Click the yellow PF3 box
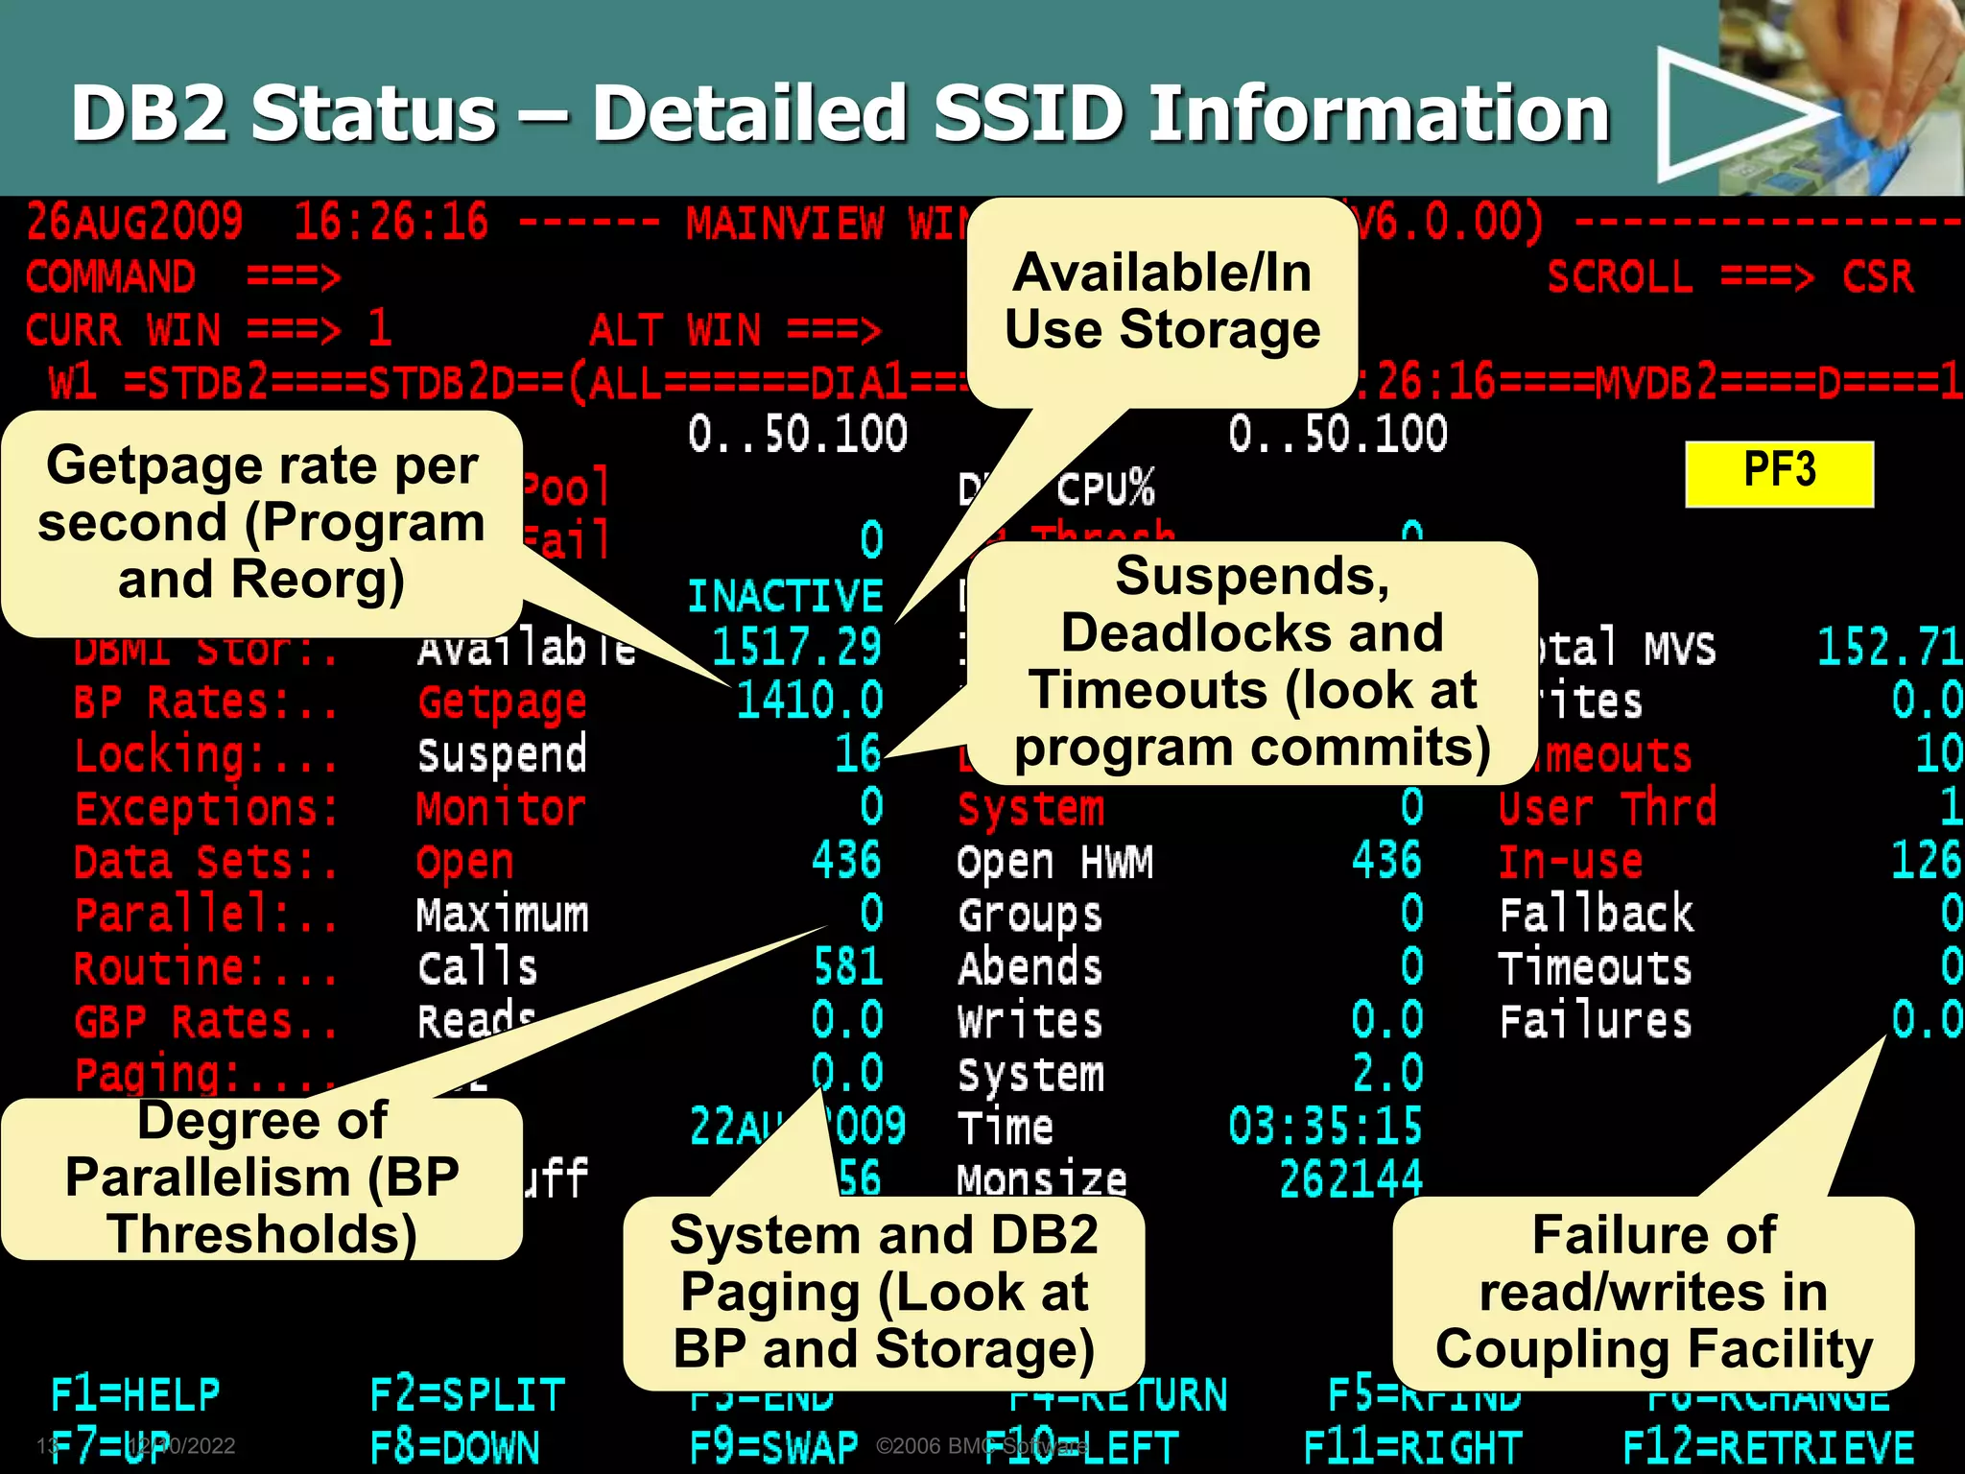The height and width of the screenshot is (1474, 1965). point(1779,473)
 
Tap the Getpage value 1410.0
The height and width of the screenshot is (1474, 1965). point(809,700)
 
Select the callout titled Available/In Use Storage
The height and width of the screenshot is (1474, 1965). point(1162,301)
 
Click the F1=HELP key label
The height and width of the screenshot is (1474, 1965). point(135,1393)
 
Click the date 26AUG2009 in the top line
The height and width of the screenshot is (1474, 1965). point(134,223)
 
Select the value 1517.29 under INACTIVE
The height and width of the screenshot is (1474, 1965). point(795,646)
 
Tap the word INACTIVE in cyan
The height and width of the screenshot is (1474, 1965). point(785,596)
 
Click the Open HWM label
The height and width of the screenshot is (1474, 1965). point(1054,861)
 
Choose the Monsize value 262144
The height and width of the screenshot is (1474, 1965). point(1350,1178)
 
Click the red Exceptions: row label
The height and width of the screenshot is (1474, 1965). point(206,808)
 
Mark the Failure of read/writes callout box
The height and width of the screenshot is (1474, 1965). point(1652,1292)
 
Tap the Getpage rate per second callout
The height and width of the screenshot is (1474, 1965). point(261,523)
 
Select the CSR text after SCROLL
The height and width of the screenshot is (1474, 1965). point(1877,277)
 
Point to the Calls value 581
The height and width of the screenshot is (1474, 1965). point(847,966)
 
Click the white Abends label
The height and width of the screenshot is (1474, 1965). point(1030,966)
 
